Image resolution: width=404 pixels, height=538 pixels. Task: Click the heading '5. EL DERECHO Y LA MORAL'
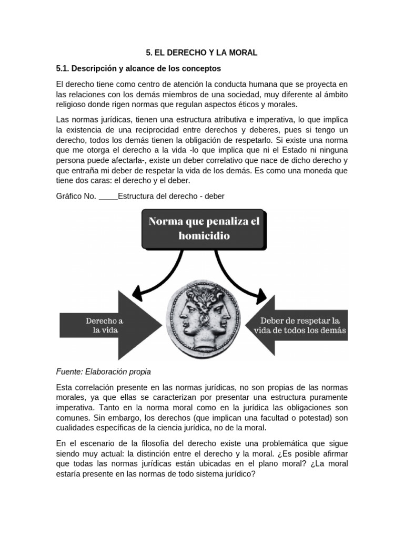(x=201, y=53)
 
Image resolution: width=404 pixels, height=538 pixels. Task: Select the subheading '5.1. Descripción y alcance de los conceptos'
(x=138, y=69)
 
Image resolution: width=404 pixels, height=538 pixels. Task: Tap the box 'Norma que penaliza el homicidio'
(x=204, y=229)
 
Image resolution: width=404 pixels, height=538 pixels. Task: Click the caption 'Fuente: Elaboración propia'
(x=103, y=371)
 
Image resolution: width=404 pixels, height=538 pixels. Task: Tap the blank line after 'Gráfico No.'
(x=108, y=196)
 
